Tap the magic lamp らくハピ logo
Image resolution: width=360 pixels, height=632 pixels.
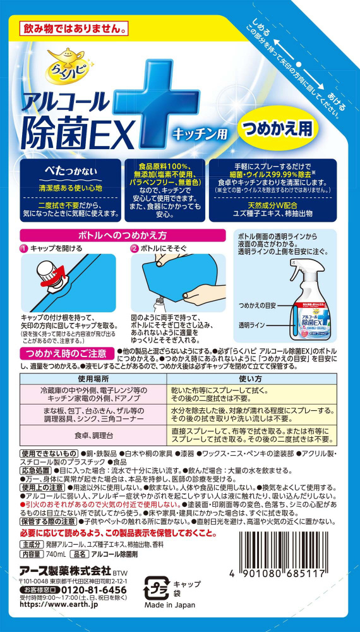(x=68, y=63)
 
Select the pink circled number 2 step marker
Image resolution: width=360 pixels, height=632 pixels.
(x=135, y=248)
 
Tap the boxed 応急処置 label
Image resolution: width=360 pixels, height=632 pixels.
(x=35, y=471)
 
